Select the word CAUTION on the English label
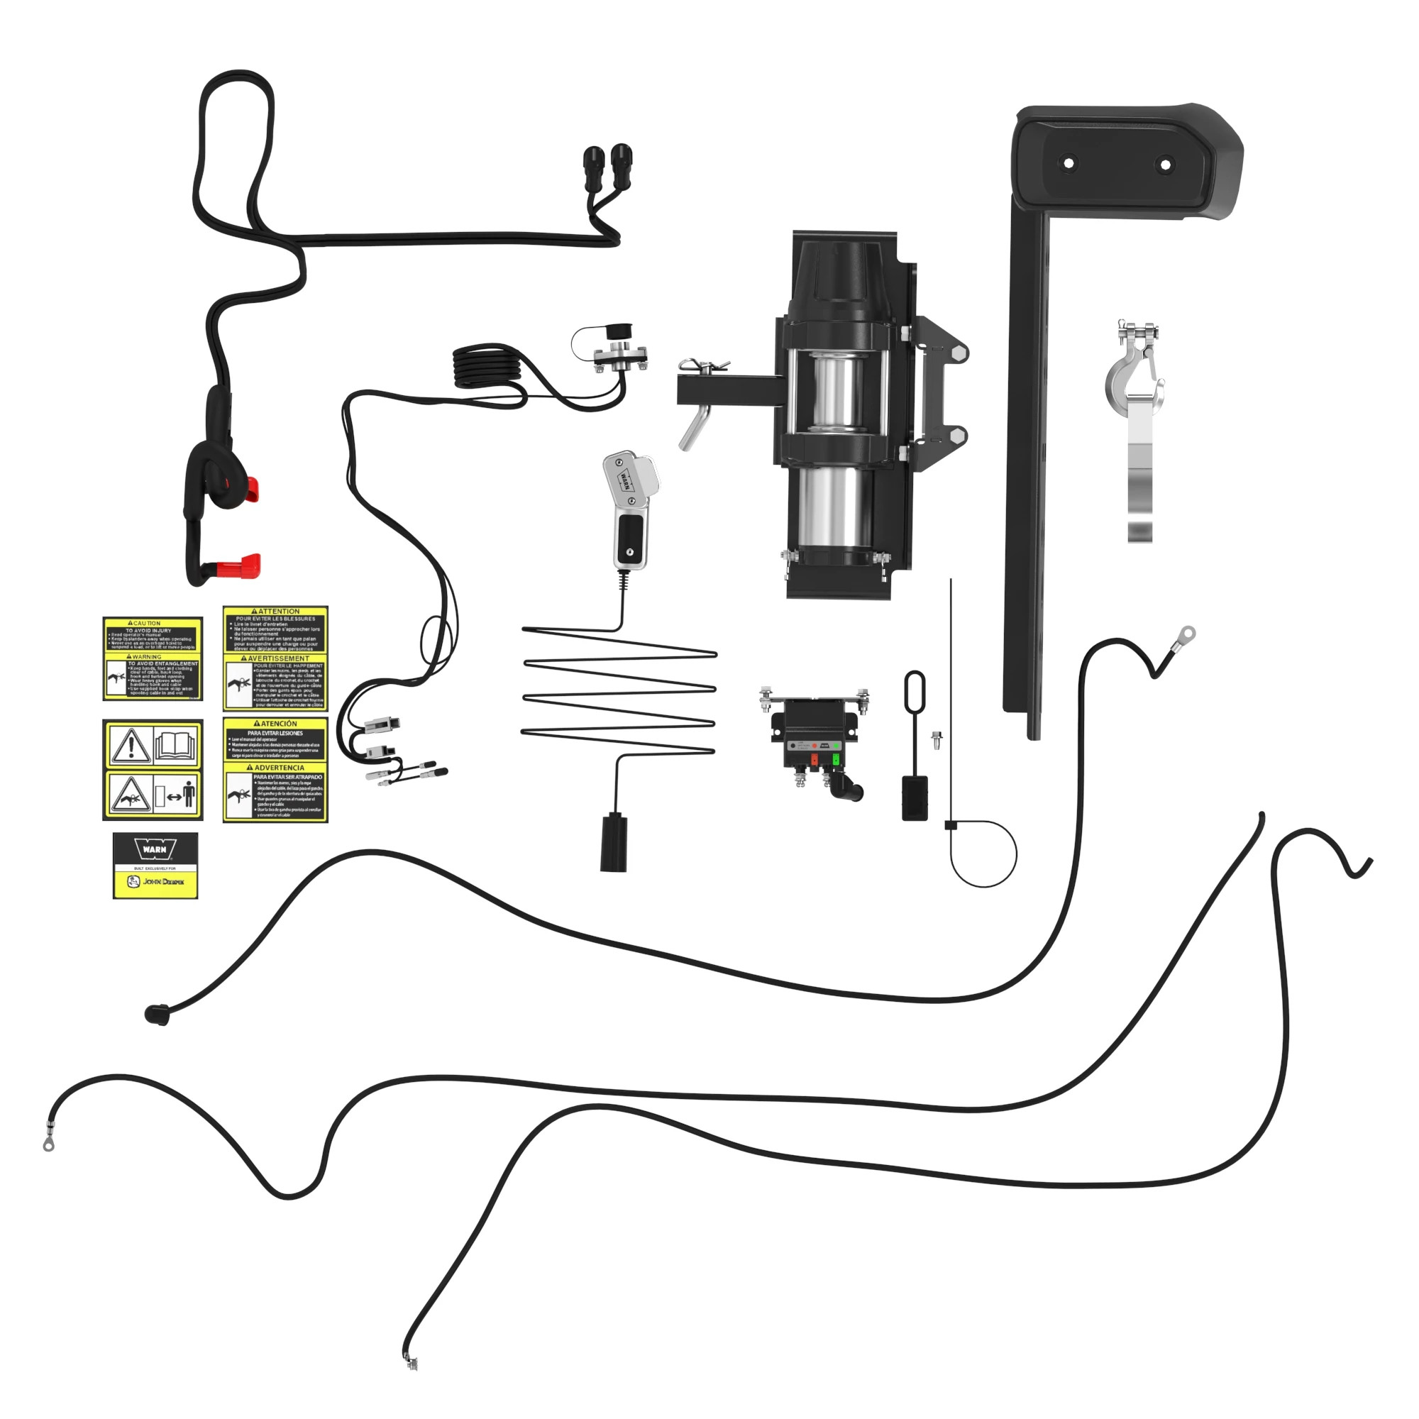tap(145, 623)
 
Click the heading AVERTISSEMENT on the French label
tap(277, 658)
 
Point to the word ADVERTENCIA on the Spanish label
tap(278, 768)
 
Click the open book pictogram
tap(176, 745)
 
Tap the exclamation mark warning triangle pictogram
tap(129, 746)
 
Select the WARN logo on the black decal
tap(155, 850)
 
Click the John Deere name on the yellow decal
tap(163, 881)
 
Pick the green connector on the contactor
tap(836, 758)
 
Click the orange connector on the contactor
tap(814, 759)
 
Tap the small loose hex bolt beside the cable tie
tap(937, 739)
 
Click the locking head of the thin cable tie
tap(951, 826)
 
